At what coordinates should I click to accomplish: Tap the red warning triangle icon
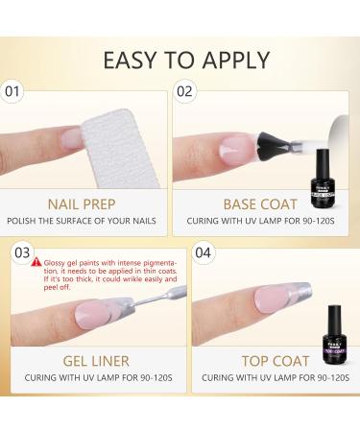pyautogui.click(x=36, y=261)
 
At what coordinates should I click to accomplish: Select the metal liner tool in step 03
pyautogui.click(x=144, y=307)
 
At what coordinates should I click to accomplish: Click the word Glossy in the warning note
pyautogui.click(x=53, y=261)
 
